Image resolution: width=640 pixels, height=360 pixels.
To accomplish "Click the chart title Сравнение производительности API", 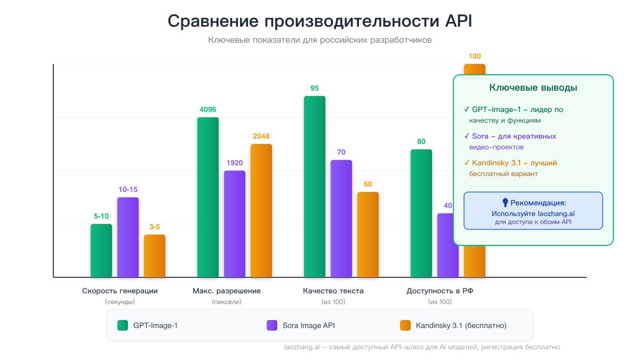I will (320, 21).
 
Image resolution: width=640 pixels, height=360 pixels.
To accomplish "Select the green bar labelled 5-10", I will (101, 251).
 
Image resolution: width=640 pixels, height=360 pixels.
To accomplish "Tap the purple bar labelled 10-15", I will (128, 237).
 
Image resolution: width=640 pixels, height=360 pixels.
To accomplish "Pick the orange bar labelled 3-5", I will (155, 256).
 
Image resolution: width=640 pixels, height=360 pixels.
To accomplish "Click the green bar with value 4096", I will (208, 197).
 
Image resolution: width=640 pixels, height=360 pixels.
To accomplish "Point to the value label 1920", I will (235, 163).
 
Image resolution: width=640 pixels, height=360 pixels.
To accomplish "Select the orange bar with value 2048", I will (261, 211).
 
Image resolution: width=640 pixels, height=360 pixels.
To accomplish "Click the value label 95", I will (315, 88).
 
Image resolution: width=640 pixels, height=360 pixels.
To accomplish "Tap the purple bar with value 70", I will (341, 219).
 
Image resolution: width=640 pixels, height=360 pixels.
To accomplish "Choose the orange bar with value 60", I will (368, 235).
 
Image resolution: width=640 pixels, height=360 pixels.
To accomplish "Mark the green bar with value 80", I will (421, 213).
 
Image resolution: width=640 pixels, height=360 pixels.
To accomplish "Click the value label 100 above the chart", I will (475, 56).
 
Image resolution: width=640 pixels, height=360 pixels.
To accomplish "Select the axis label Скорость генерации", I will (120, 291).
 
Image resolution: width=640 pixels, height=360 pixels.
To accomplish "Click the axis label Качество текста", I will (333, 291).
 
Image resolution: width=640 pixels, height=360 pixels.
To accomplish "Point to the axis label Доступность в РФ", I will (440, 291).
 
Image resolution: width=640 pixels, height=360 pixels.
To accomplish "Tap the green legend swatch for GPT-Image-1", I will (123, 325).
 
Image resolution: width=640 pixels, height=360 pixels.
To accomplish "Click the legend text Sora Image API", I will (309, 325).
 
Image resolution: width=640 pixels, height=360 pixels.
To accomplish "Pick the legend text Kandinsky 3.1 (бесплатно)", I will (461, 325).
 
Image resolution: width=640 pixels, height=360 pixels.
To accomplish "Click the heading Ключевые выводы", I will (533, 88).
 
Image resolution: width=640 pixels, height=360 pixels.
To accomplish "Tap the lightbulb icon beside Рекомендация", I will (505, 203).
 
